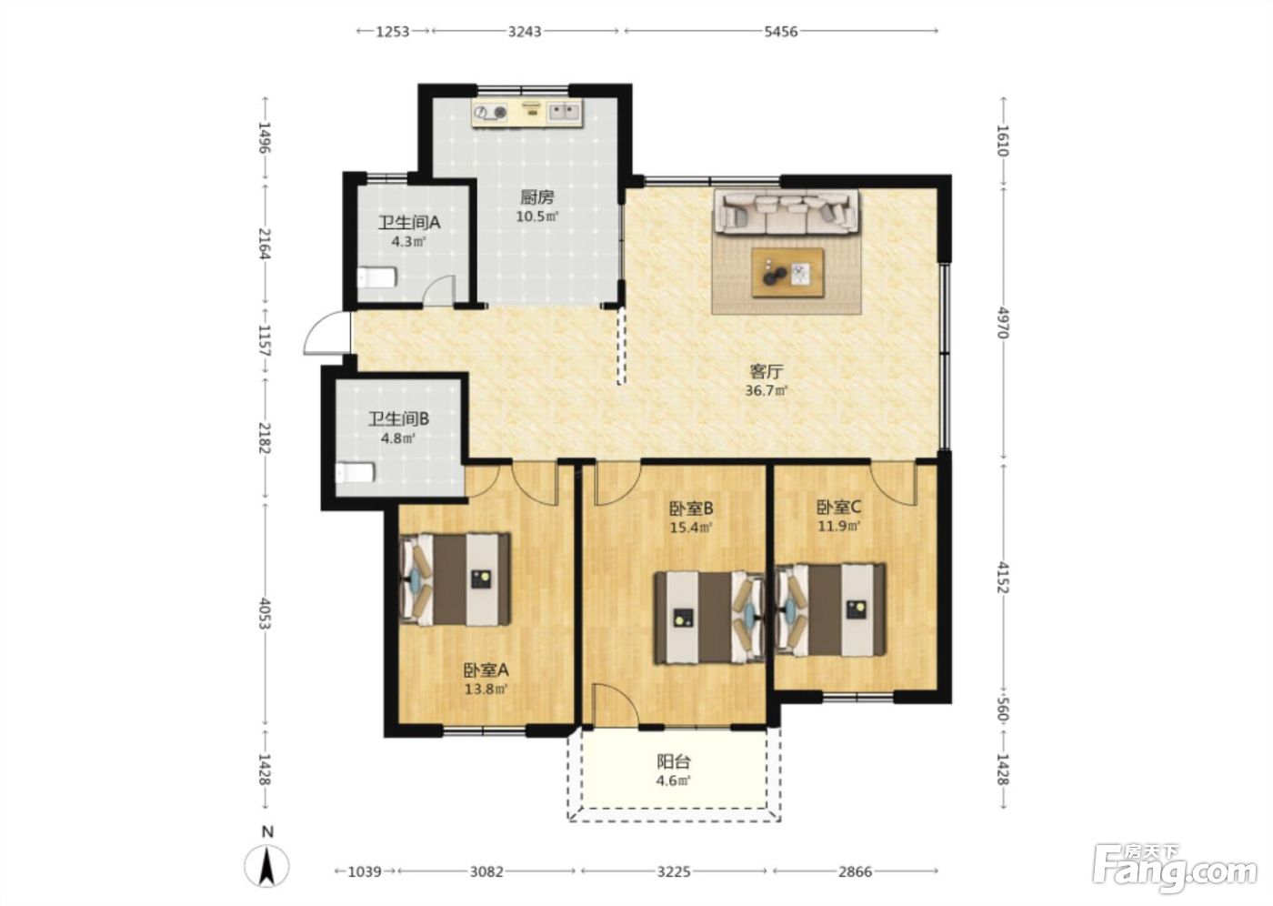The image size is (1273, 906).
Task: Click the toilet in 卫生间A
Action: [x=376, y=278]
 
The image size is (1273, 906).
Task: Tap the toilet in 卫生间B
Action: [x=356, y=473]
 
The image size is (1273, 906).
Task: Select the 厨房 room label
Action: [x=537, y=197]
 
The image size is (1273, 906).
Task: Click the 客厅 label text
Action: [x=766, y=372]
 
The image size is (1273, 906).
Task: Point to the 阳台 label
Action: [x=674, y=761]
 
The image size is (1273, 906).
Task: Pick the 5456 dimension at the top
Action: [x=781, y=32]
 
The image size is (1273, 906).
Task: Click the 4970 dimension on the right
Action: [x=1003, y=323]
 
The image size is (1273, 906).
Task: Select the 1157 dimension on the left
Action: [x=265, y=340]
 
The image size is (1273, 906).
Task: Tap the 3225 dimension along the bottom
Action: [x=674, y=871]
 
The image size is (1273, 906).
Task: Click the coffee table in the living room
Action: [x=787, y=273]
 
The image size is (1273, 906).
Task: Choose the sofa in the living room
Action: [x=787, y=212]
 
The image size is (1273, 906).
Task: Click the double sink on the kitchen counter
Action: [x=564, y=112]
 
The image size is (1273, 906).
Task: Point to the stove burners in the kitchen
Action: [x=490, y=113]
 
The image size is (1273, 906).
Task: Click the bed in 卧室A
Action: [x=456, y=579]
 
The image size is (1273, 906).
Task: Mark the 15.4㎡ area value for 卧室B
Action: [x=691, y=527]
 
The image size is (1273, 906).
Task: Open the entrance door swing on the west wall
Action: [x=326, y=334]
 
